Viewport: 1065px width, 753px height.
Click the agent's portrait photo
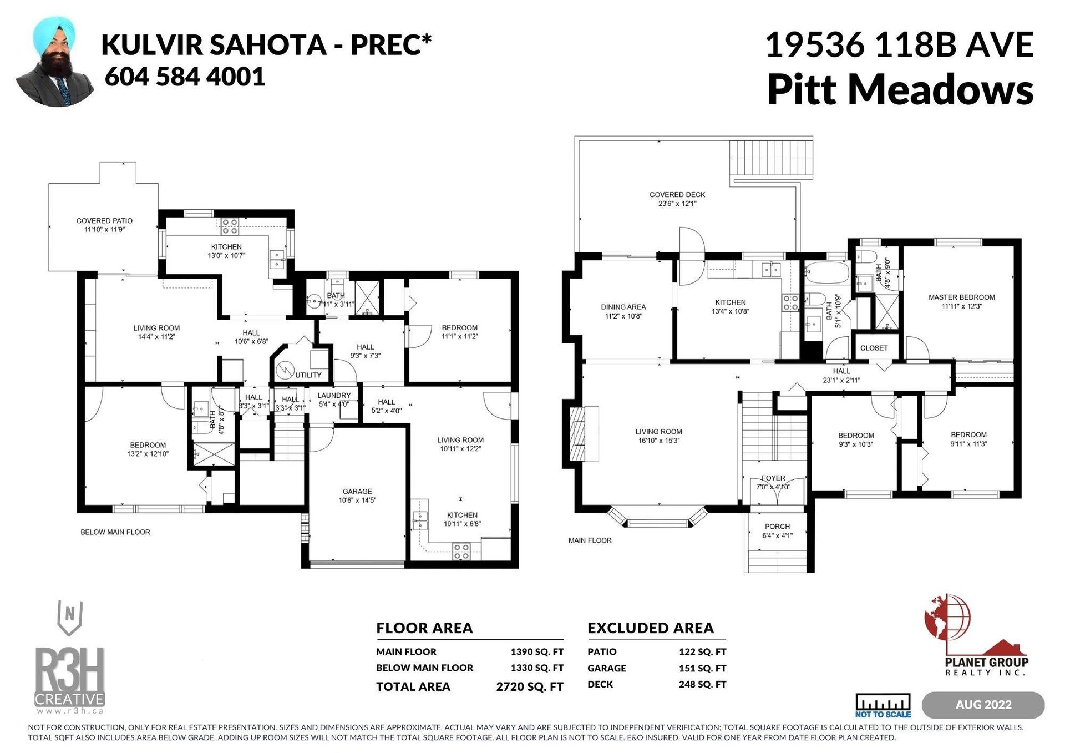[55, 62]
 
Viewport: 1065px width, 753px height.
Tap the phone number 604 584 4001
[185, 77]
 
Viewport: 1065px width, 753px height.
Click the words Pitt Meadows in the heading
[900, 89]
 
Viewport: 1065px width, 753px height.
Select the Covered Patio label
[104, 221]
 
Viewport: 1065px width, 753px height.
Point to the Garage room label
[357, 492]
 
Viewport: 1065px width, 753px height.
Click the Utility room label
[308, 375]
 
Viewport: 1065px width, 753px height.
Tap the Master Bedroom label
[962, 297]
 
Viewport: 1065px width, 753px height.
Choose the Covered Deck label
[677, 195]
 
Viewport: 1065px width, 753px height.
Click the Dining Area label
[623, 307]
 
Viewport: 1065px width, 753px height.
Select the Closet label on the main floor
[874, 348]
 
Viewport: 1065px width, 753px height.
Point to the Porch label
[777, 527]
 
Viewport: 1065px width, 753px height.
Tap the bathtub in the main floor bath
[826, 272]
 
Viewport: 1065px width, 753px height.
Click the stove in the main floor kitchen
[790, 302]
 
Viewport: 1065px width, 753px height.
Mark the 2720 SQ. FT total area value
[530, 687]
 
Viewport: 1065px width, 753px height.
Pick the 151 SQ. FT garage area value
[702, 668]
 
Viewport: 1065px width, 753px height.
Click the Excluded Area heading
[651, 628]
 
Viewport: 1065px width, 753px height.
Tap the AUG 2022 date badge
[983, 705]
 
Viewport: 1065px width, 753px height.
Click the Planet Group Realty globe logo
[949, 620]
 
